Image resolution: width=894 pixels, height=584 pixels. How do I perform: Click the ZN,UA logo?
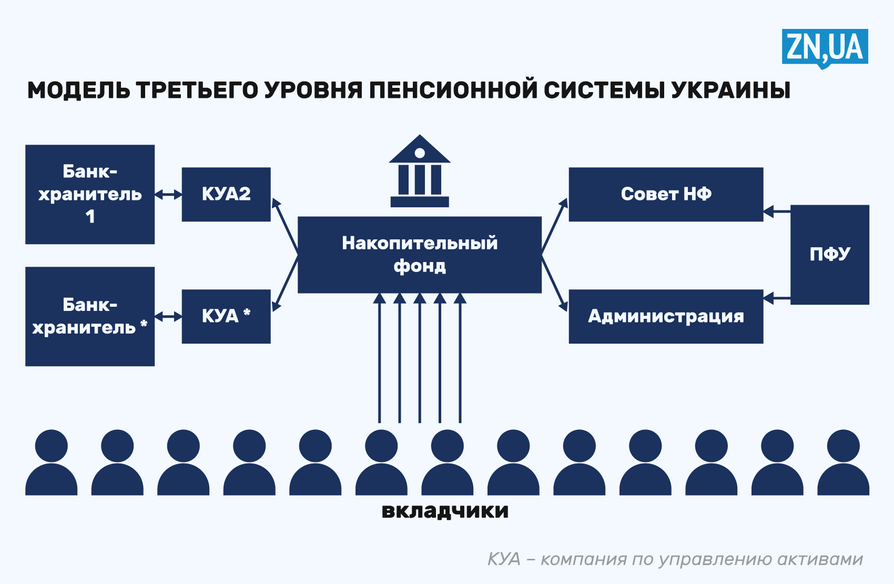coord(824,47)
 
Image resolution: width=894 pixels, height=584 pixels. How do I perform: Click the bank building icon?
coord(420,172)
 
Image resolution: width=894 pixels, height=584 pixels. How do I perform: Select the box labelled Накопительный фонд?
coord(420,255)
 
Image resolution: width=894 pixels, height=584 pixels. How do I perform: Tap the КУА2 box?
coord(226,194)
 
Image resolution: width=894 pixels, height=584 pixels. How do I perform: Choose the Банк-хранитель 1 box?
coord(90,194)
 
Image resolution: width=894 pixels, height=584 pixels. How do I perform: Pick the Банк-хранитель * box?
coord(90,316)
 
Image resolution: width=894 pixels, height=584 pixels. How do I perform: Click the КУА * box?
coord(226,316)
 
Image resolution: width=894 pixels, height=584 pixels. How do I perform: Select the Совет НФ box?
coord(666,194)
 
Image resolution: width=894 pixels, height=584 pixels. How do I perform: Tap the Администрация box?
coord(666,316)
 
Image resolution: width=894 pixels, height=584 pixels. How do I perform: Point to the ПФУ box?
coord(829,255)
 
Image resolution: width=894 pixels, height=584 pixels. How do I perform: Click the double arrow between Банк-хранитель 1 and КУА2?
coord(168,195)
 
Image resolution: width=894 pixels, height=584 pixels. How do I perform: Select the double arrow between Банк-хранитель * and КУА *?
coord(168,316)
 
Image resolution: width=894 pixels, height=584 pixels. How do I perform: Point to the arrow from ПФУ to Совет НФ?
coord(777,212)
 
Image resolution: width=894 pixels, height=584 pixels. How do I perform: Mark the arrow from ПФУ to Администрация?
coord(777,298)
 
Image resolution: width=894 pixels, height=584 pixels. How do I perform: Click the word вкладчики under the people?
coord(445,511)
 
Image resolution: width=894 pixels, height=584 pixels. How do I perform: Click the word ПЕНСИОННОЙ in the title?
coord(453,90)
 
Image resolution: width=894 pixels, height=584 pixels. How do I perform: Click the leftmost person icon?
coord(52,463)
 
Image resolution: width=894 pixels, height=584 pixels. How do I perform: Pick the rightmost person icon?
coord(843,463)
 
